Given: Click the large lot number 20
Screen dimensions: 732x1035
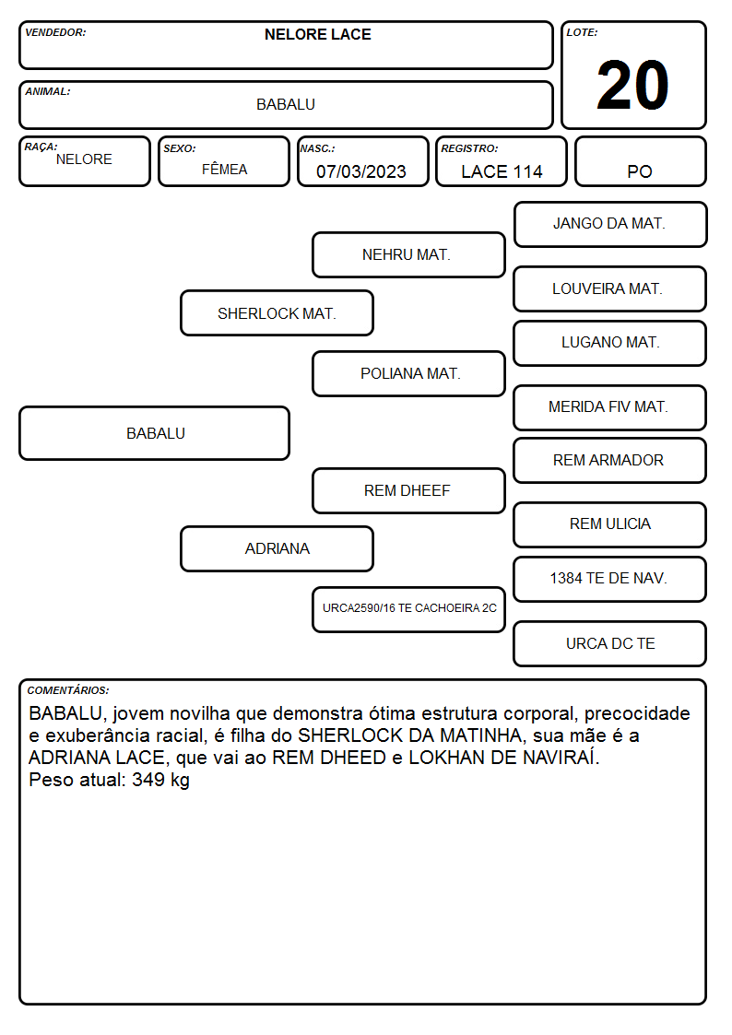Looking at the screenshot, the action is pos(632,85).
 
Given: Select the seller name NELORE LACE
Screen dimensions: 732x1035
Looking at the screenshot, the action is pos(317,34).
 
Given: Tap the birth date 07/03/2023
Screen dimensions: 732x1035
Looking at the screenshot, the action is pos(361,171).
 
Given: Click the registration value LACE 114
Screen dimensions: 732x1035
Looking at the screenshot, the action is pos(502,171).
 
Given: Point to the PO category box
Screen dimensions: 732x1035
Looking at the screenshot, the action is pos(640,161).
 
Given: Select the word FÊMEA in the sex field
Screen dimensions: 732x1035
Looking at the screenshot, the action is pos(224,169).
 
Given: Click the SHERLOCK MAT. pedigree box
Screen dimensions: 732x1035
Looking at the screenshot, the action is pos(277,313).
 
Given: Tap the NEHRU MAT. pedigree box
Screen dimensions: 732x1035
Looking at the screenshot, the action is pos(408,254).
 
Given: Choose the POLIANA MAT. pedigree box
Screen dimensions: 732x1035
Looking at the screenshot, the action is pos(408,373).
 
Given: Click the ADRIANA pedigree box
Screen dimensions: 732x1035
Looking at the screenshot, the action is pos(277,548).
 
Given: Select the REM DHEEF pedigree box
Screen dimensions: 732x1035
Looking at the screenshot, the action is pos(408,490).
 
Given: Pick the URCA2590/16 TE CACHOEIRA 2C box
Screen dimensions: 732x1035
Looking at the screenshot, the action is pos(408,609).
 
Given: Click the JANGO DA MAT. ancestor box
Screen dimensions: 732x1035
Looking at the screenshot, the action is pos(610,225).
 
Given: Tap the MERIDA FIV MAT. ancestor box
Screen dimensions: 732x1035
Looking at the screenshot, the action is pos(610,407).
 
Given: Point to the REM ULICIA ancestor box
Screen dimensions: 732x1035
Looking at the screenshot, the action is pos(610,524).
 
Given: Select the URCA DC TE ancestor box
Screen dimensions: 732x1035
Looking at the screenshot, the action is pos(610,643).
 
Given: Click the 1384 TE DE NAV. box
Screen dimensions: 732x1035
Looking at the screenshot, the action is pos(610,579).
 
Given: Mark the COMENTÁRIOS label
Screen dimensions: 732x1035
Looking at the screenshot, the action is pos(68,690).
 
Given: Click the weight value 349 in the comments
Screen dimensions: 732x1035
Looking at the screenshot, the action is pos(148,780).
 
